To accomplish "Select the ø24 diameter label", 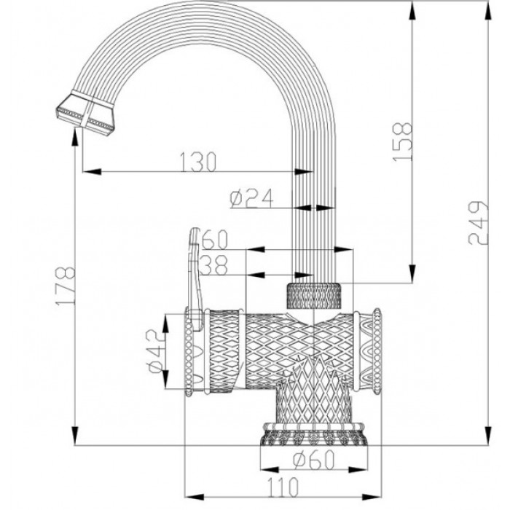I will pos(251,198).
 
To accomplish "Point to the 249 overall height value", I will pos(478,223).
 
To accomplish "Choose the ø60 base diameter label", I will pos(314,460).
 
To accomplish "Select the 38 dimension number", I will pos(212,266).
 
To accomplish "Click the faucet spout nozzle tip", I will pos(85,114).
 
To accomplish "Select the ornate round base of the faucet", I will pos(314,434).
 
